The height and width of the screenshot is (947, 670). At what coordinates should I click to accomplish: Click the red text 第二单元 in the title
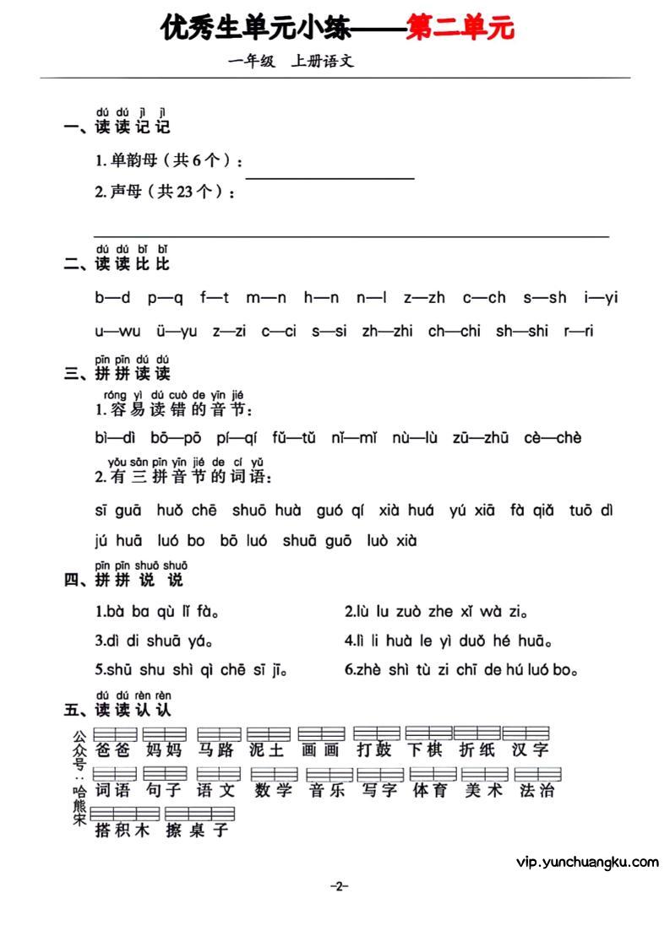coord(460,29)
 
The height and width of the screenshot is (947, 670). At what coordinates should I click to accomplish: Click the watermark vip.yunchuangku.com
coord(586,862)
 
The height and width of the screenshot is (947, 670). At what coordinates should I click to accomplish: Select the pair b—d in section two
coord(112,297)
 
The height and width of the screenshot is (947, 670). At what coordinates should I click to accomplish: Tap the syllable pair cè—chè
coord(553,437)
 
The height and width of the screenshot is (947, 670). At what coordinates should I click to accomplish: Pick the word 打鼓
coord(374,749)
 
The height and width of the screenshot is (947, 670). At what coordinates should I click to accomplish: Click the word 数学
coord(272,791)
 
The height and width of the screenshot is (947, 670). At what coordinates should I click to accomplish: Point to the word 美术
coord(483,791)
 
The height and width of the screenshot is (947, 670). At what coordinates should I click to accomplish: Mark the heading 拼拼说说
coord(139,581)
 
